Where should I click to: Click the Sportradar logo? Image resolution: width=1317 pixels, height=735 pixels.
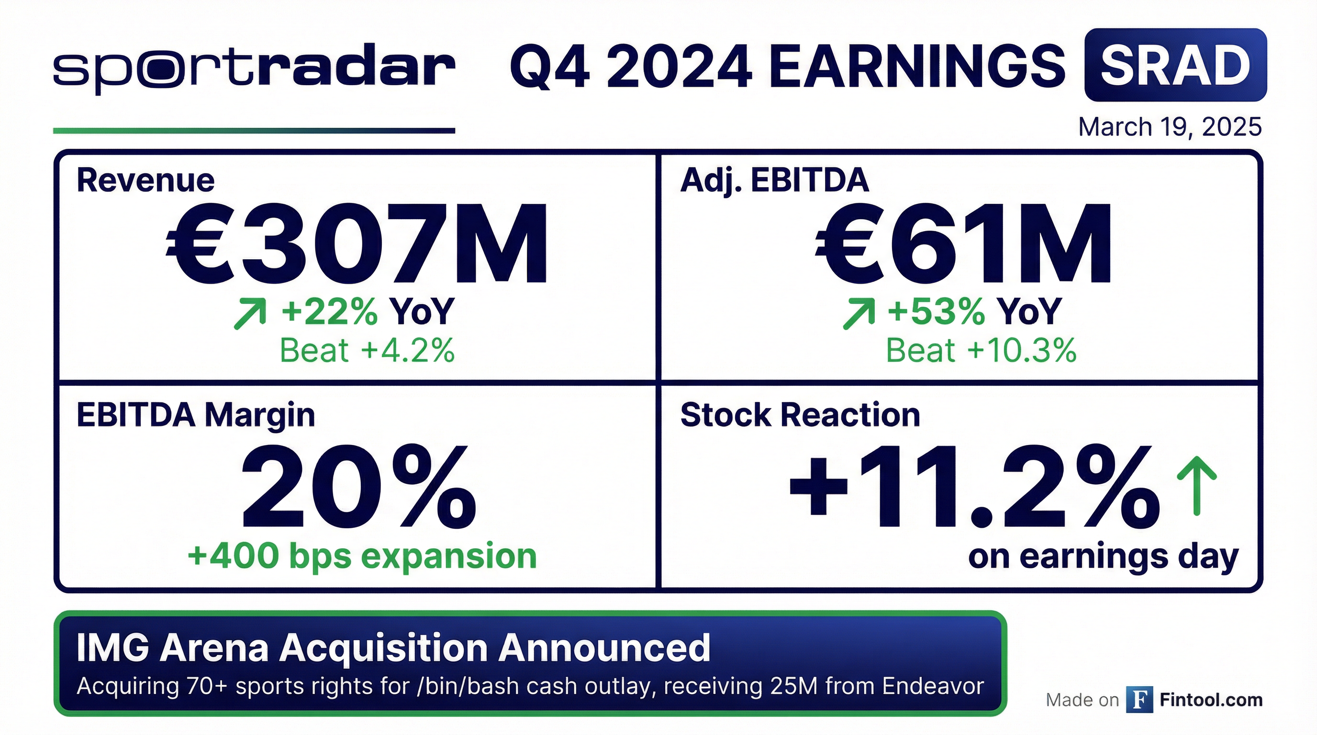click(x=254, y=69)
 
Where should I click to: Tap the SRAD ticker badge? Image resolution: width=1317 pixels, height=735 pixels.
click(x=1175, y=65)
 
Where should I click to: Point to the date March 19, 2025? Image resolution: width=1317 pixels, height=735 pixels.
click(x=1170, y=127)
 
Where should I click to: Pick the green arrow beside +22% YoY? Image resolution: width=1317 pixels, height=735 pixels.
click(x=250, y=314)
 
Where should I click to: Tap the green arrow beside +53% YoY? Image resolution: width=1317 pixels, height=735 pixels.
click(x=859, y=314)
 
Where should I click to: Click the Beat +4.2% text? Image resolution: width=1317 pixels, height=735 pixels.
click(x=367, y=351)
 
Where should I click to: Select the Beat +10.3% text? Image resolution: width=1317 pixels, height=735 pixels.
click(x=981, y=351)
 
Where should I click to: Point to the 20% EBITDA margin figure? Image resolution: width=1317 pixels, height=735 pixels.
click(x=358, y=486)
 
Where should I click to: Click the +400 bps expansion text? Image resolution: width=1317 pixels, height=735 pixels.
click(x=362, y=556)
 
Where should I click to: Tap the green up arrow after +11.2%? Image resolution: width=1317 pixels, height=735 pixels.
click(x=1196, y=486)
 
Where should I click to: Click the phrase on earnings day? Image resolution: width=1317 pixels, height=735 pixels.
click(x=1103, y=557)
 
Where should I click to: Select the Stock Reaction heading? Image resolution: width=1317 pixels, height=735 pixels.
click(x=800, y=414)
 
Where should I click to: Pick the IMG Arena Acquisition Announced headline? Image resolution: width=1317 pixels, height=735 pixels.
click(x=393, y=648)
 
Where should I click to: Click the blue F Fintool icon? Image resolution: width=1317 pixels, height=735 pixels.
click(x=1139, y=700)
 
